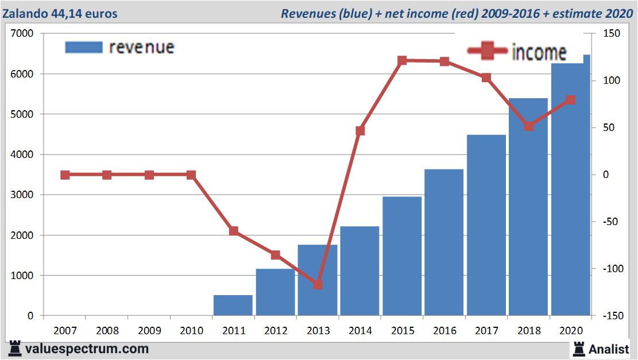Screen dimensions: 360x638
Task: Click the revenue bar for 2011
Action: click(x=233, y=305)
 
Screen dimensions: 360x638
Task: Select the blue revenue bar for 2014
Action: click(x=359, y=270)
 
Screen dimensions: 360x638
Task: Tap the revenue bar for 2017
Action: click(x=486, y=225)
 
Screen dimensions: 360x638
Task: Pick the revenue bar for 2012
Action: click(x=275, y=292)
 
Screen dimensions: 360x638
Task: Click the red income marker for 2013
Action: click(x=318, y=284)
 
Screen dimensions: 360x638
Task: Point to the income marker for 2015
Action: click(x=402, y=61)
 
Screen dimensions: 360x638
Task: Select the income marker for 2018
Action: click(x=529, y=126)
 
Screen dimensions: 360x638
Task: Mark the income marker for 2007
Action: click(x=65, y=175)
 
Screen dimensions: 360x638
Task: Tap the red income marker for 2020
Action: click(x=571, y=100)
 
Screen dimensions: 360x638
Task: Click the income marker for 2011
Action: click(x=234, y=231)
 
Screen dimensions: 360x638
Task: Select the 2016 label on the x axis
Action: click(x=444, y=331)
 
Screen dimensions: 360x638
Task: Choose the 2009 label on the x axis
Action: click(x=149, y=331)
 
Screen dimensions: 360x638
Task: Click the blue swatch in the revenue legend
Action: click(x=84, y=47)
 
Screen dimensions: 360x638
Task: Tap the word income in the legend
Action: click(x=539, y=52)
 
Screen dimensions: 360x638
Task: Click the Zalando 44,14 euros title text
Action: click(x=60, y=13)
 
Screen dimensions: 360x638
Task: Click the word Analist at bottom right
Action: click(x=609, y=349)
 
